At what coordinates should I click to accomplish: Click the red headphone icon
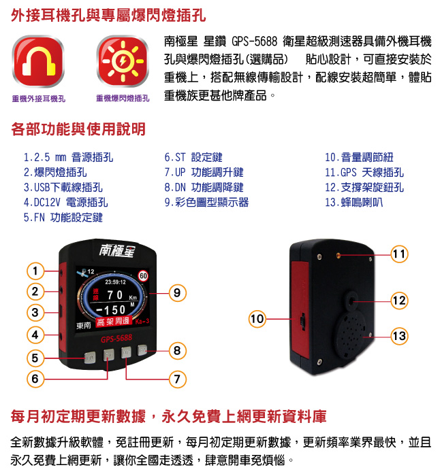[x=38, y=61]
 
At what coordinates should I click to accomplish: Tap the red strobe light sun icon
[x=123, y=61]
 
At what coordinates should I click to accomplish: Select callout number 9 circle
[x=177, y=293]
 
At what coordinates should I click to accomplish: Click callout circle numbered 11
[x=399, y=254]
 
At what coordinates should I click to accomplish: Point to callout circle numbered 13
[x=399, y=336]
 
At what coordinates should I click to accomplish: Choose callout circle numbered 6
[x=35, y=379]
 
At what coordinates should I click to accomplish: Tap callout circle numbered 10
[x=257, y=319]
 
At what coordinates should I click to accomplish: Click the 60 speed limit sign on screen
[x=143, y=275]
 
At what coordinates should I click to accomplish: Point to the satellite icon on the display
[x=82, y=272]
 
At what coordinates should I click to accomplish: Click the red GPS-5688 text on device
[x=116, y=339]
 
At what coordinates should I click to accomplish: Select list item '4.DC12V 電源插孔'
[x=65, y=203]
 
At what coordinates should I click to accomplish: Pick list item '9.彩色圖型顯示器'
[x=206, y=203]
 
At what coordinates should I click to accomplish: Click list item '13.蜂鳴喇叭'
[x=354, y=203]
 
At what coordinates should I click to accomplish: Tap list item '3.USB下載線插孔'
[x=63, y=187]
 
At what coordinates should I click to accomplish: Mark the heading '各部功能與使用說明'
[x=78, y=129]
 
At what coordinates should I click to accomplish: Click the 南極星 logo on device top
[x=116, y=251]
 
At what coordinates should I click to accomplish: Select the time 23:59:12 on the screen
[x=115, y=282]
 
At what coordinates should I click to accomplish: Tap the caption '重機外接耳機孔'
[x=39, y=99]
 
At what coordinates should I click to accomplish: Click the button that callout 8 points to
[x=142, y=350]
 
